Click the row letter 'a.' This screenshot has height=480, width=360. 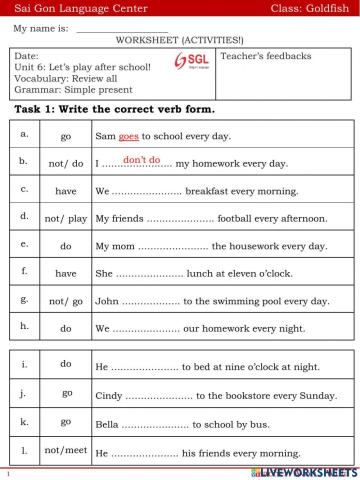click(24, 132)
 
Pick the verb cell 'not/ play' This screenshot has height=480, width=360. click(66, 216)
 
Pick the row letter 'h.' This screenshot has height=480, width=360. click(24, 325)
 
